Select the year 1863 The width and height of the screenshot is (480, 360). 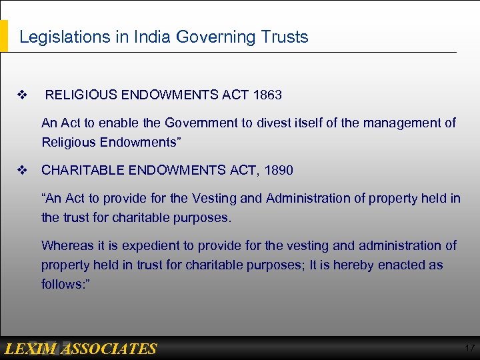267,95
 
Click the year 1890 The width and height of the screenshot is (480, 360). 278,170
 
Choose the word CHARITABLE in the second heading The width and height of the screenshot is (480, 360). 81,170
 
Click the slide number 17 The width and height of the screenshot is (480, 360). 469,349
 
